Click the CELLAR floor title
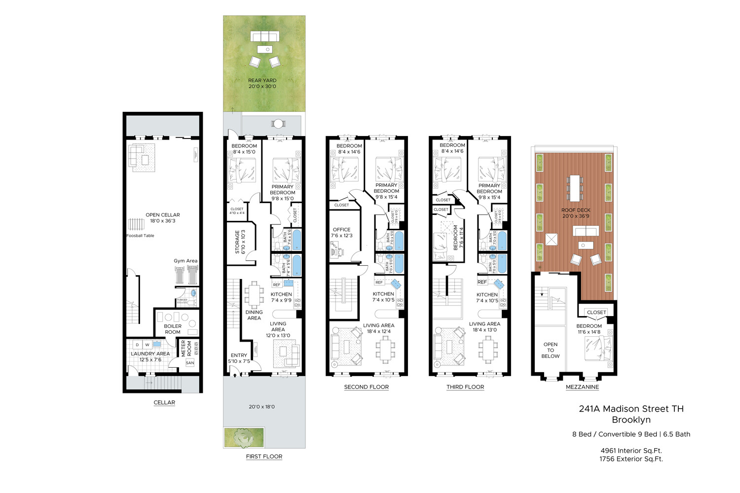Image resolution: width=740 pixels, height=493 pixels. [164, 403]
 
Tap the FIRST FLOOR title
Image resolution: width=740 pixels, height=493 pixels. [264, 457]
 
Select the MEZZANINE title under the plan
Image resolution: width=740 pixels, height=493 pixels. [582, 387]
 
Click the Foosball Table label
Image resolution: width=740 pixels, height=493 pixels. [140, 236]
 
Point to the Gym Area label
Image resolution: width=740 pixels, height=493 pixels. [185, 261]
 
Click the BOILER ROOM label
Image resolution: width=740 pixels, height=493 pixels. [173, 329]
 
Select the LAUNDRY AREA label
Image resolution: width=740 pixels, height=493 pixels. [150, 354]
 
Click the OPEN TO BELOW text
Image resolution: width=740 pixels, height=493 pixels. [551, 350]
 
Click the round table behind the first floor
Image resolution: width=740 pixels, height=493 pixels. [278, 123]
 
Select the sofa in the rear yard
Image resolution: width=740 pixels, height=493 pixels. [265, 36]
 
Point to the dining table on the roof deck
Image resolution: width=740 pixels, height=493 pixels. [575, 187]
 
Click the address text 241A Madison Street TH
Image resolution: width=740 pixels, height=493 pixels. [631, 409]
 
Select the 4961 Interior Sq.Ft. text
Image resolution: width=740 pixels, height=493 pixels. [631, 451]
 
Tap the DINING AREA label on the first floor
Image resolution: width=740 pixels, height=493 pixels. [254, 315]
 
